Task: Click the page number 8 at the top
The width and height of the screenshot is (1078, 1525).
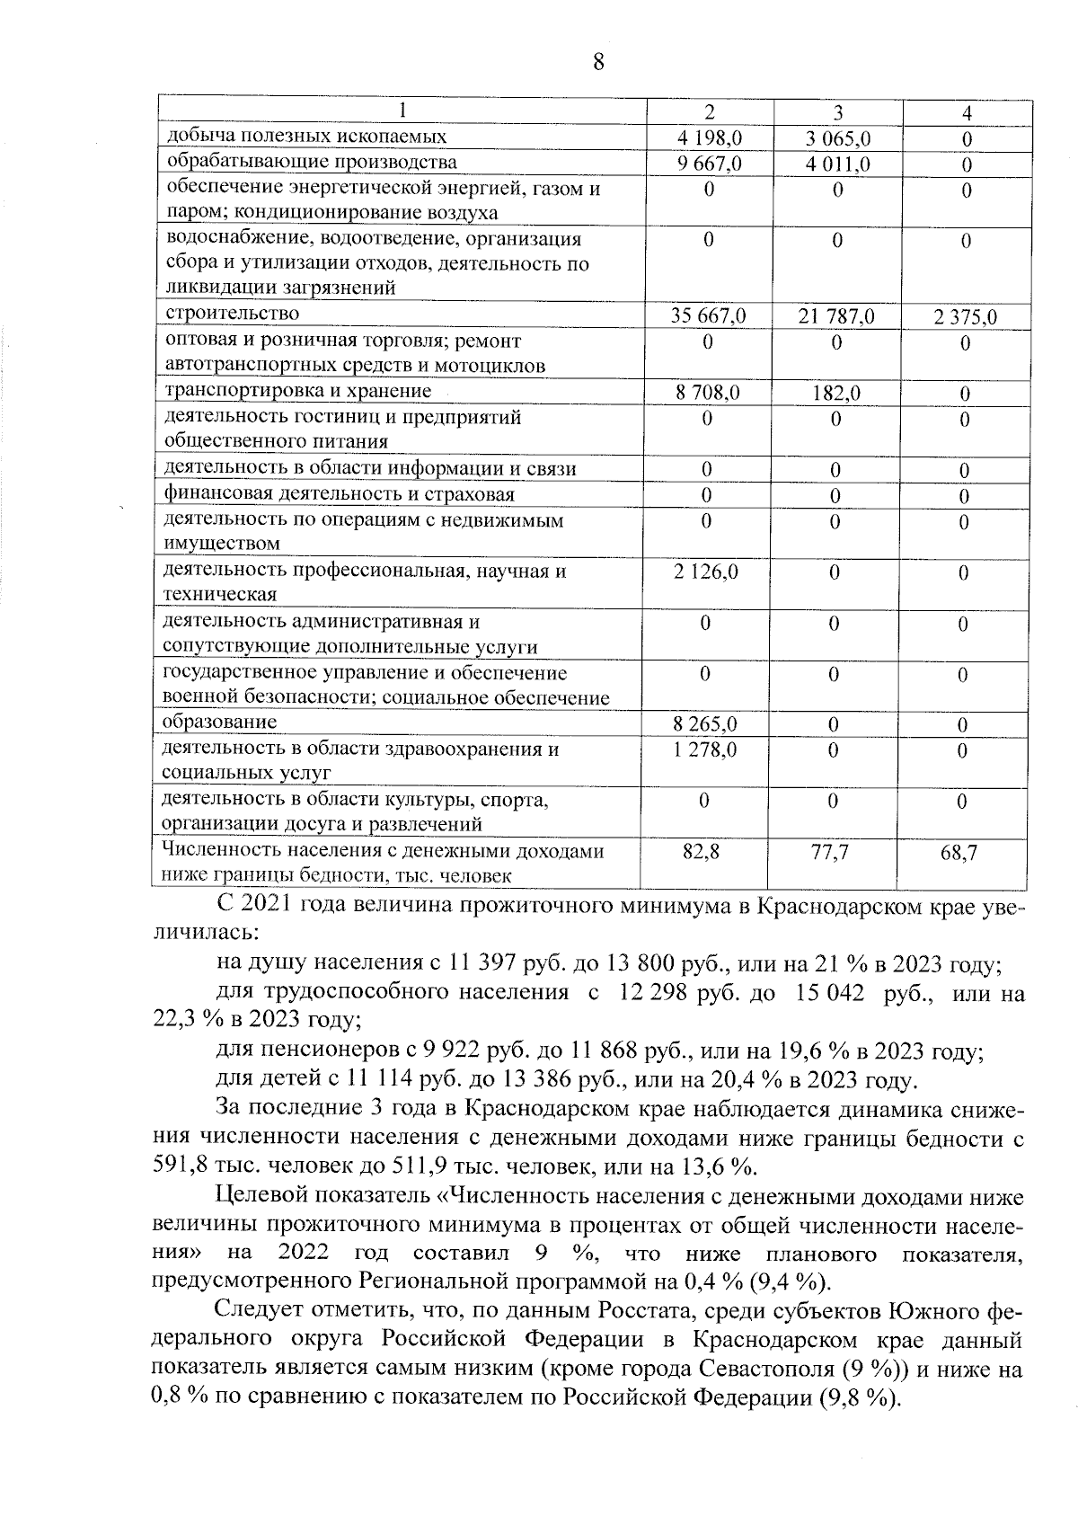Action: click(x=599, y=62)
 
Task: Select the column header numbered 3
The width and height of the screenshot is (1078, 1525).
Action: click(x=837, y=112)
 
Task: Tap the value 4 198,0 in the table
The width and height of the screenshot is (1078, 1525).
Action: click(x=709, y=138)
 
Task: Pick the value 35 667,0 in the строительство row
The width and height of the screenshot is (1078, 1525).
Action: click(x=708, y=316)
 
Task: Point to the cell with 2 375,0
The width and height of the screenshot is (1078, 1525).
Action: click(x=965, y=317)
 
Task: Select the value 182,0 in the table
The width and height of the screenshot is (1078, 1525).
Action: click(x=835, y=393)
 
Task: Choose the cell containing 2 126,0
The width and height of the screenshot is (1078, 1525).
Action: click(x=705, y=572)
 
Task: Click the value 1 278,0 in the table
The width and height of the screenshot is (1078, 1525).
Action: click(x=705, y=749)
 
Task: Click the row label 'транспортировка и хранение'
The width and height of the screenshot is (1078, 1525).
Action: click(x=296, y=391)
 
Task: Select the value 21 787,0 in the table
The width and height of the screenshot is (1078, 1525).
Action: click(x=836, y=316)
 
